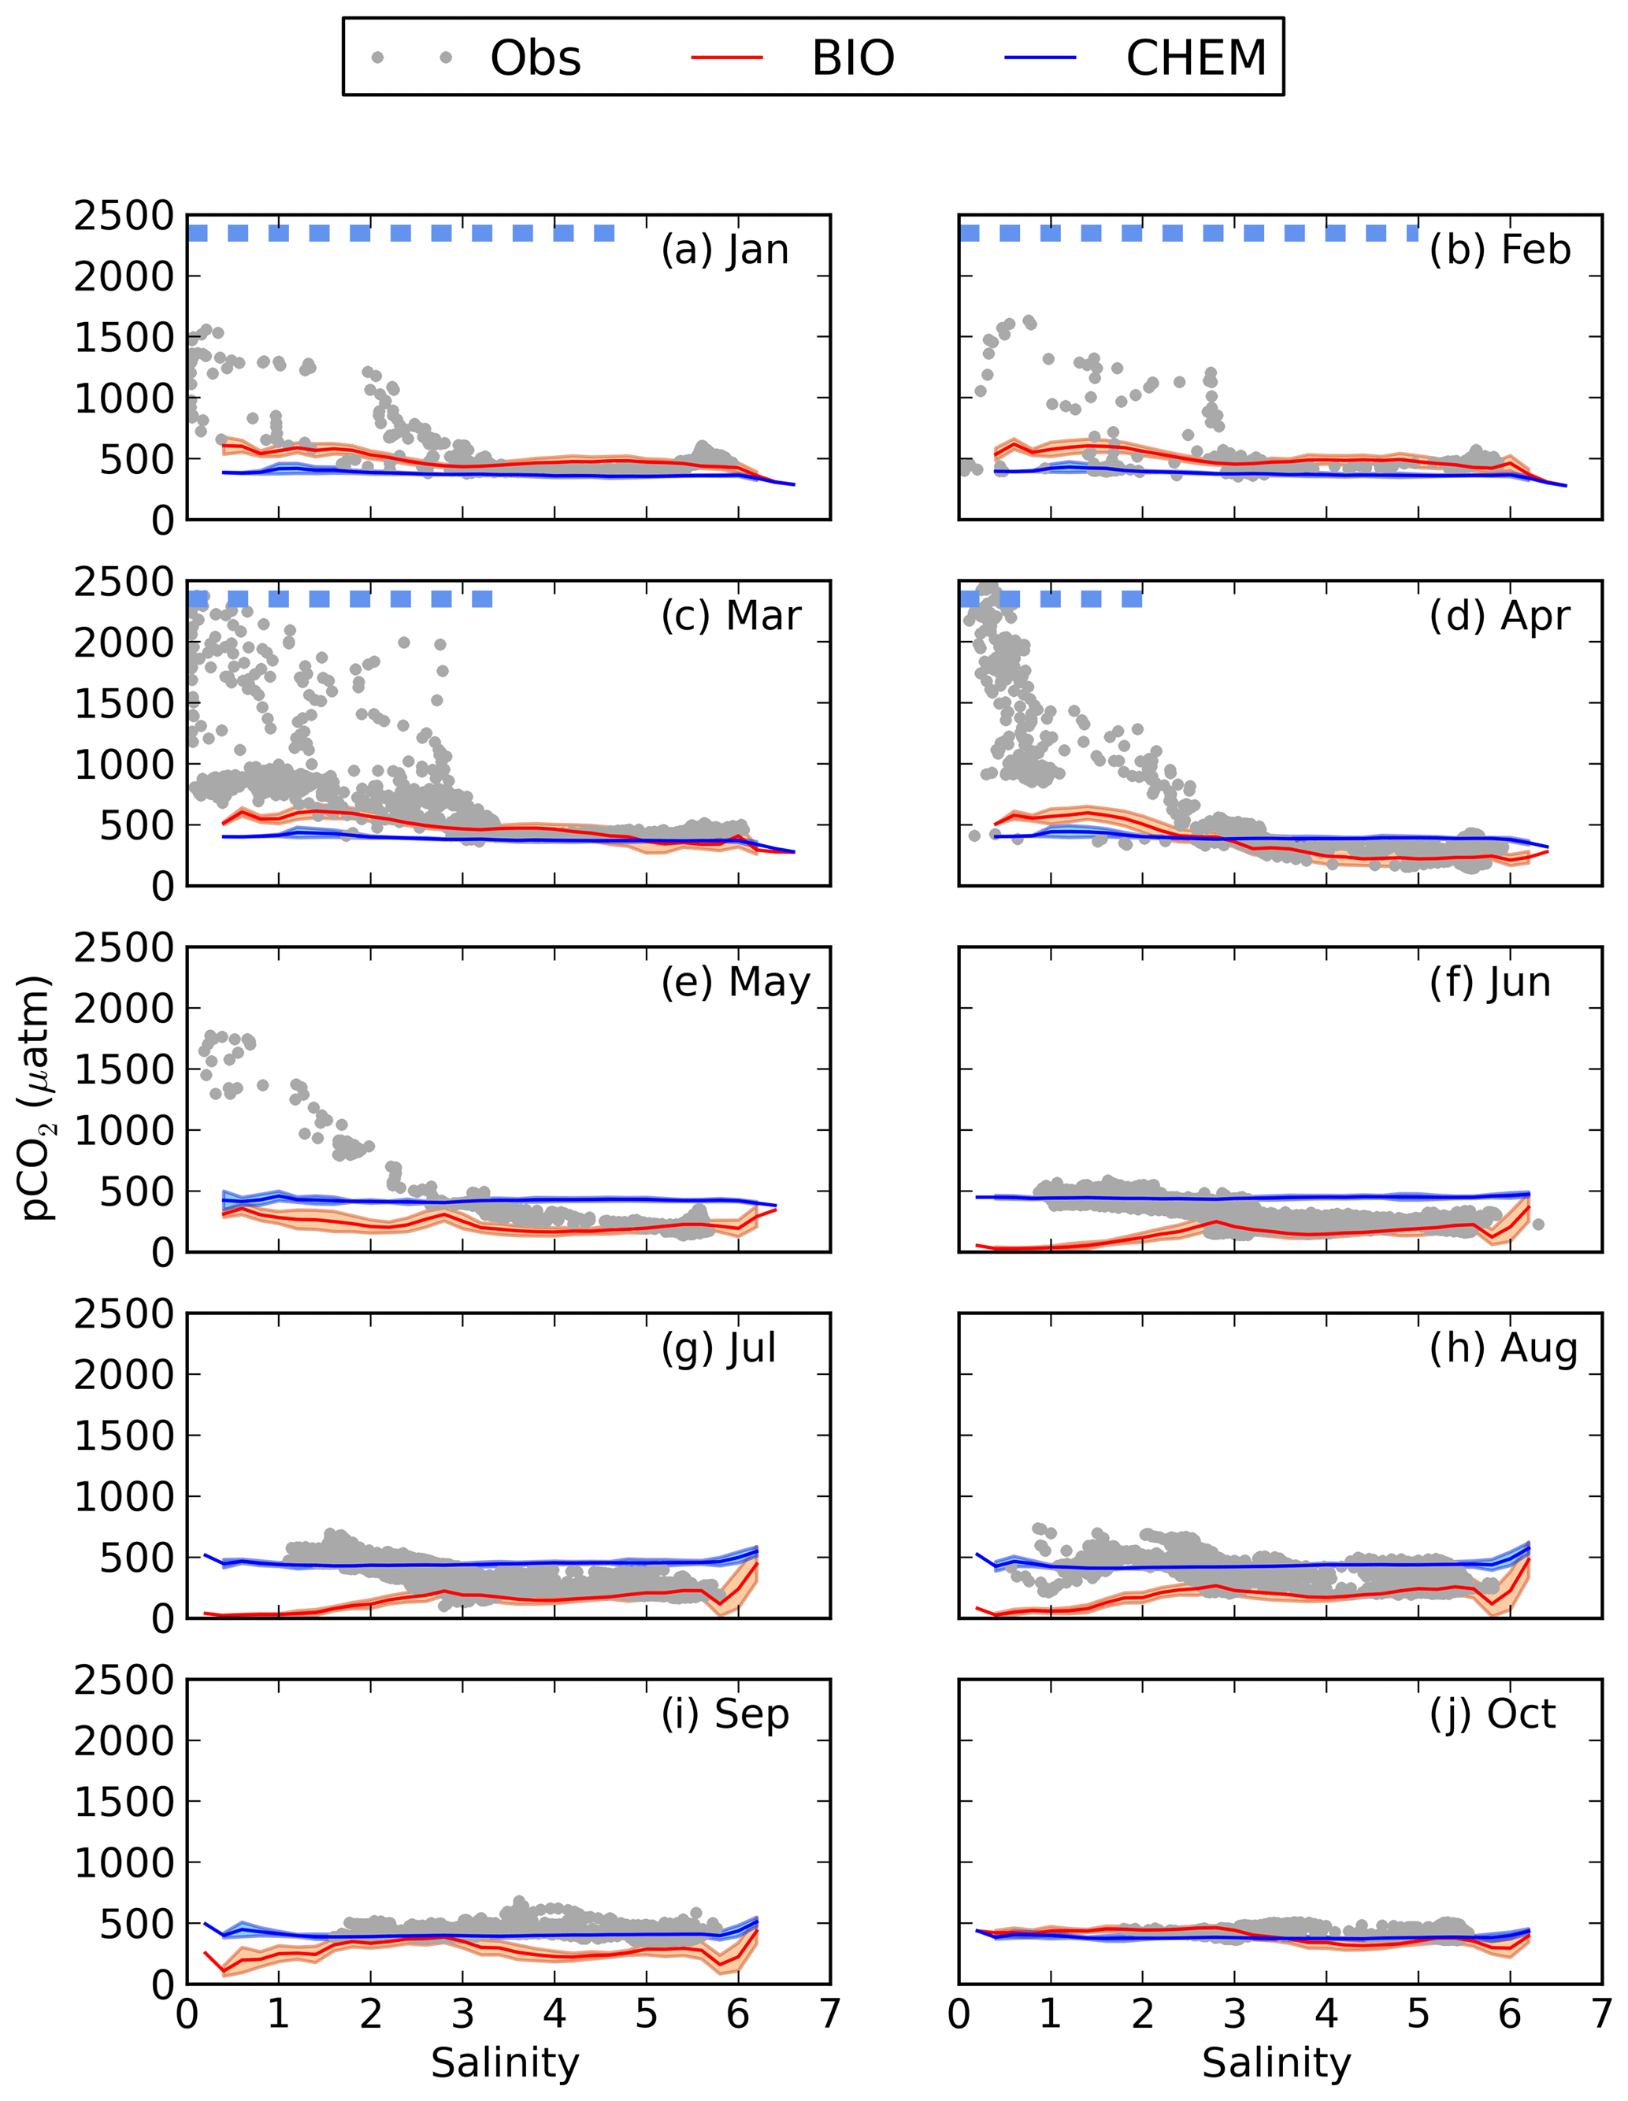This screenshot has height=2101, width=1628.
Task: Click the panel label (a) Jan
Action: point(725,250)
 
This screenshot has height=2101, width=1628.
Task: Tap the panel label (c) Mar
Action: point(730,616)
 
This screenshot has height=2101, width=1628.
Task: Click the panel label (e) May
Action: point(735,982)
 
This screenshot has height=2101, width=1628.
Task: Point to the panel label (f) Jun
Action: point(1490,982)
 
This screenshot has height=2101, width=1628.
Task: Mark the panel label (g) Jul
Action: point(718,1349)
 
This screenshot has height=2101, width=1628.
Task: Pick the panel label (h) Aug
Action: point(1504,1349)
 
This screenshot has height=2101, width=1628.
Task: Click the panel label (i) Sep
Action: point(725,1714)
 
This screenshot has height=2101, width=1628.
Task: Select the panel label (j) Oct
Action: point(1493,1714)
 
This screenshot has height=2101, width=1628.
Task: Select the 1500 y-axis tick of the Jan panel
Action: point(124,338)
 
